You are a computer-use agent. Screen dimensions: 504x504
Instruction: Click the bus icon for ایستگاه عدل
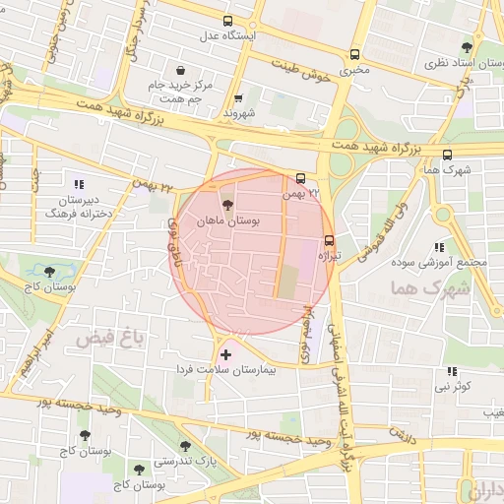coord(228,21)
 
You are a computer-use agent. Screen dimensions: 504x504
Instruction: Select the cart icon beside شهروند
coord(239,98)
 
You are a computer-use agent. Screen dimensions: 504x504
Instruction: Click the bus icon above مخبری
coord(354,55)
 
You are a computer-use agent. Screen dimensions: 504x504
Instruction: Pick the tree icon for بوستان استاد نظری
coord(467,46)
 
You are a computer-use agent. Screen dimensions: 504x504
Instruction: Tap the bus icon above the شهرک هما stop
coord(448,155)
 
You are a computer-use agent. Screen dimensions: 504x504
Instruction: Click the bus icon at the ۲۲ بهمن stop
coord(300,179)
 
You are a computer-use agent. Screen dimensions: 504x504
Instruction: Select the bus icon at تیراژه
coord(329,239)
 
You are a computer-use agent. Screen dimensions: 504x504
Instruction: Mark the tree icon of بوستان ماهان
coord(228,207)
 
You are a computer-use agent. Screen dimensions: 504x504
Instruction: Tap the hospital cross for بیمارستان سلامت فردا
coord(226,353)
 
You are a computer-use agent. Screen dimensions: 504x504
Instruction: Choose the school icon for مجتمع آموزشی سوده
coord(439,247)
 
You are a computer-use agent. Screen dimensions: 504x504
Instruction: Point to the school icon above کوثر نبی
coord(452,371)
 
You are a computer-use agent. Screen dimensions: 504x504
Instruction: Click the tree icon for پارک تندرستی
coord(184,446)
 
